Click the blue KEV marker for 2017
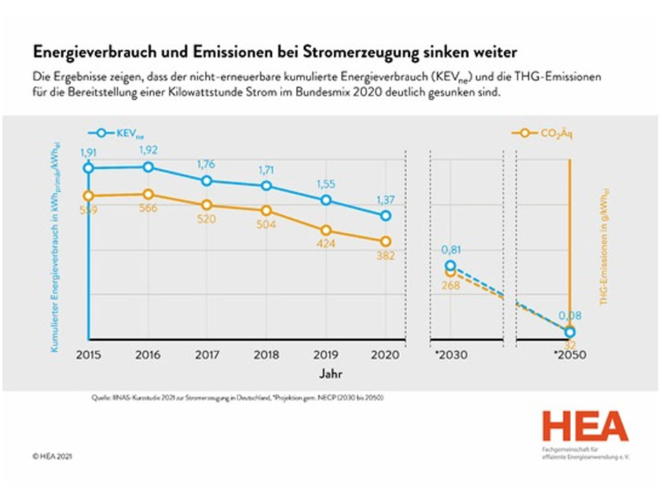point(207,181)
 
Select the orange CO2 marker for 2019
point(326,230)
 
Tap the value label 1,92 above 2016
point(148,150)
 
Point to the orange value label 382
point(385,255)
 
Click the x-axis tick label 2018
point(266,355)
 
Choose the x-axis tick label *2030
point(451,355)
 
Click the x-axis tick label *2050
point(570,355)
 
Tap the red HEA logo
point(585,427)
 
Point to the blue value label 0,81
point(451,249)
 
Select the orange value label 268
point(451,285)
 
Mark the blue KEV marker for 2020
point(385,216)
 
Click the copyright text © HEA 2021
point(52,456)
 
